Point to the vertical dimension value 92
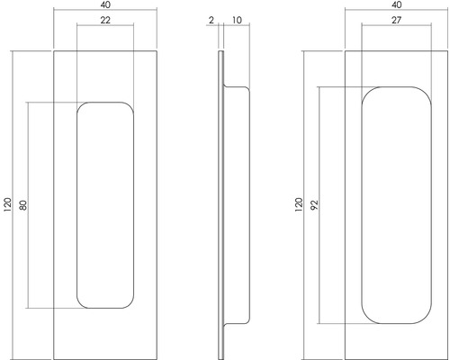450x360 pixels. pyautogui.click(x=311, y=205)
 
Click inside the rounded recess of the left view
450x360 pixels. pyautogui.click(x=106, y=205)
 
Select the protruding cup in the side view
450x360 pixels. pyautogui.click(x=235, y=205)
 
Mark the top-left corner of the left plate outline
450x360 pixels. pyautogui.click(x=55, y=51)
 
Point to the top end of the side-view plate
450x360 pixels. pyautogui.click(x=220, y=53)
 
